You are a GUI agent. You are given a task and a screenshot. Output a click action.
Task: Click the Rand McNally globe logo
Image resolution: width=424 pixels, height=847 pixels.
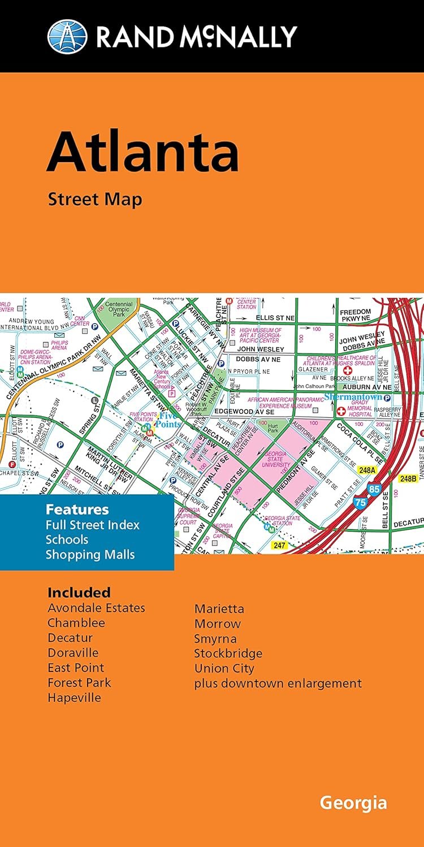pyautogui.click(x=67, y=36)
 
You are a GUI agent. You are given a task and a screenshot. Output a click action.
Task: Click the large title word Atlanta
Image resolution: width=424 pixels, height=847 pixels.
pyautogui.click(x=142, y=152)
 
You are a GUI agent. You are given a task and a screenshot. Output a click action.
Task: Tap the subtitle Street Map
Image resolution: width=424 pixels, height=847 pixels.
pyautogui.click(x=94, y=199)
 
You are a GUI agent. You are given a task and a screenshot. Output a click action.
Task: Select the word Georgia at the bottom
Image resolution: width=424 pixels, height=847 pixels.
pyautogui.click(x=353, y=802)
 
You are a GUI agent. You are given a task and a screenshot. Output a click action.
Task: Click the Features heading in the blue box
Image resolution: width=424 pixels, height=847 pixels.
pyautogui.click(x=77, y=509)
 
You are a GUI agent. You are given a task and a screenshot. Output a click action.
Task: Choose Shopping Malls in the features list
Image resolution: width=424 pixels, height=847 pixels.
pyautogui.click(x=90, y=554)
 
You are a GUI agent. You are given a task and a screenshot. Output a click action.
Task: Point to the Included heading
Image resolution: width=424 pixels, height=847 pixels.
pyautogui.click(x=79, y=592)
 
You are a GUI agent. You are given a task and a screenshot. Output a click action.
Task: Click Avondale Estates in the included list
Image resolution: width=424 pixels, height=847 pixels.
pyautogui.click(x=96, y=608)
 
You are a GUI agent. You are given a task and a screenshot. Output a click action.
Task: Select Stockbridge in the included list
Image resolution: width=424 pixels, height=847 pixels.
pyautogui.click(x=228, y=653)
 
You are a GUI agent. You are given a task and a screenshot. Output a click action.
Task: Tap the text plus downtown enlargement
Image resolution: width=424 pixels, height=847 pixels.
pyautogui.click(x=278, y=683)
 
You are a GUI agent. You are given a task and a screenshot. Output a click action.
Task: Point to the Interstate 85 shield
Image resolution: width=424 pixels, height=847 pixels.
pyautogui.click(x=374, y=489)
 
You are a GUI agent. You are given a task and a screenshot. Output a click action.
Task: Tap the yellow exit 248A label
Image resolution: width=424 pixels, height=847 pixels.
pyautogui.click(x=367, y=469)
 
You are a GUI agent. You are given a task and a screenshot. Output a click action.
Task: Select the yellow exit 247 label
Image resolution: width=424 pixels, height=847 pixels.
pyautogui.click(x=279, y=545)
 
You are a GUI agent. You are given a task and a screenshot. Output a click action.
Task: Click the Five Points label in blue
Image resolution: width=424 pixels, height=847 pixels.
pyautogui.click(x=168, y=420)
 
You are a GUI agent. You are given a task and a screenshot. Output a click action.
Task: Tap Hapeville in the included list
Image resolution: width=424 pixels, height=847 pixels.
pyautogui.click(x=74, y=697)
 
